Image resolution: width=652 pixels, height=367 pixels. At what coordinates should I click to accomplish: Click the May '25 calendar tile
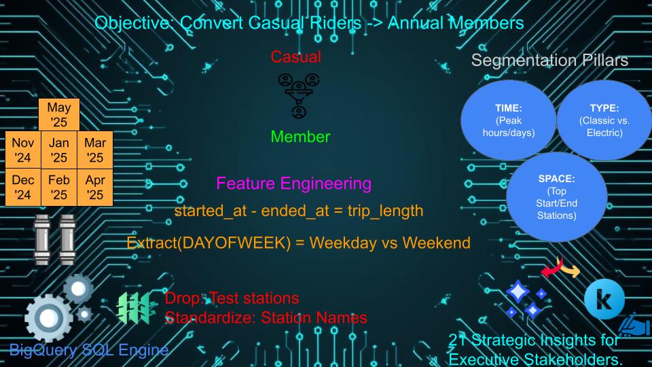[59, 114]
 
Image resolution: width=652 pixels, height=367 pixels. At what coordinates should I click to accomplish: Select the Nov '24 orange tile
[23, 150]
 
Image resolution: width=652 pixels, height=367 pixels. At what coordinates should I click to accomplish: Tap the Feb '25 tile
[59, 188]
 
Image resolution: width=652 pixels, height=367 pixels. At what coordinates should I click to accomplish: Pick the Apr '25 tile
[95, 188]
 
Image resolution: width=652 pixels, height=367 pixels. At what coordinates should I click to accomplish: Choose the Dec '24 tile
[23, 188]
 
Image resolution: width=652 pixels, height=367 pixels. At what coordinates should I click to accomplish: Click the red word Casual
[295, 57]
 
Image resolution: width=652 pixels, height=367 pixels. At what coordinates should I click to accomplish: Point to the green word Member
[300, 137]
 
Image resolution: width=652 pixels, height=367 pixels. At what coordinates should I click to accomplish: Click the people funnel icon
[299, 96]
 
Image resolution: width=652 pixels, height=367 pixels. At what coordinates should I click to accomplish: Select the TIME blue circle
[508, 120]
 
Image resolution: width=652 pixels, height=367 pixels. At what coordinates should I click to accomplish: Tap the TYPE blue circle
[604, 120]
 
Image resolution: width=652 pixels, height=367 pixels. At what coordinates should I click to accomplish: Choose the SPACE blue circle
[556, 197]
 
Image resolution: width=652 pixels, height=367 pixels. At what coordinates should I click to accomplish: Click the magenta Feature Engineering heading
[293, 183]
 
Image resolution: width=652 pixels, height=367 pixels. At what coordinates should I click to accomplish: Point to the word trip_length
[386, 211]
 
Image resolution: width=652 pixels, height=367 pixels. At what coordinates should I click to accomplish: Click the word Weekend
[436, 243]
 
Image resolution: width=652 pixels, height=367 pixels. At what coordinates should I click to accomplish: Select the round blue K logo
[604, 299]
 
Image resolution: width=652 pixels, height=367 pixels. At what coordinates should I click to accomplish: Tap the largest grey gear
[49, 318]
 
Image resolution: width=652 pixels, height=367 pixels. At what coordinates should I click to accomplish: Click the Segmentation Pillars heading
[549, 60]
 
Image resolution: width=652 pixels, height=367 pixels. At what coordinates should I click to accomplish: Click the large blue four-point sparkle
[518, 292]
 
